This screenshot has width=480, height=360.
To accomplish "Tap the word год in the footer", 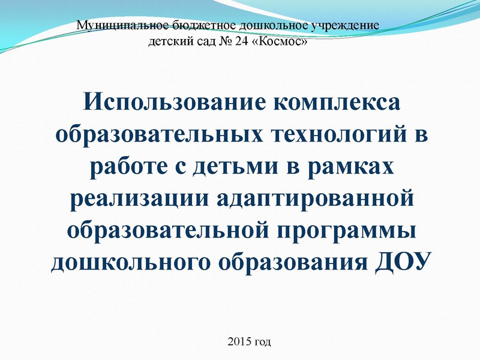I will tap(263, 343).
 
